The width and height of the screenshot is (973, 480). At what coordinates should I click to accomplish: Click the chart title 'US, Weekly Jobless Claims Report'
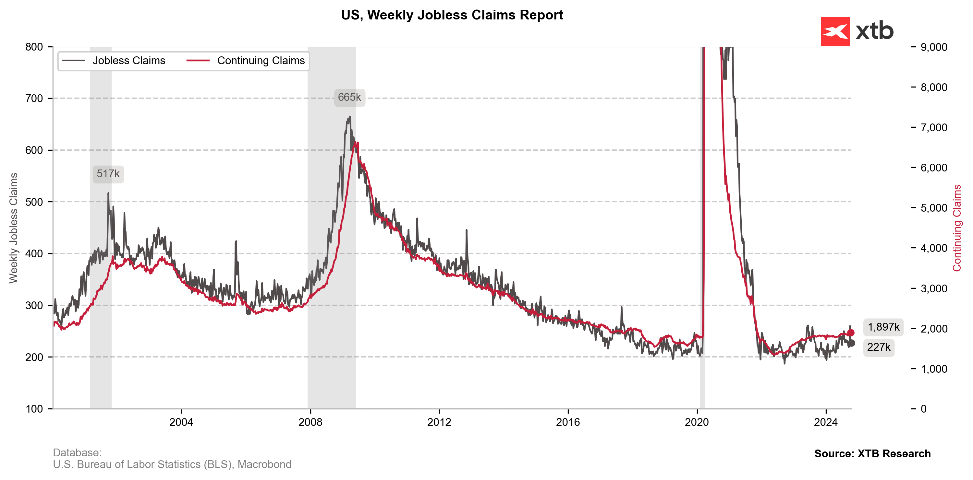point(452,15)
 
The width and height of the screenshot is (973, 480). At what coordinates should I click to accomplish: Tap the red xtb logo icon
point(835,32)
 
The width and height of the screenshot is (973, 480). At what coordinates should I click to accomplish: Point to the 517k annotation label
point(108,174)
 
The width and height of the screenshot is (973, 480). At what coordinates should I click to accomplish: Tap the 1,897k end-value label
point(883,327)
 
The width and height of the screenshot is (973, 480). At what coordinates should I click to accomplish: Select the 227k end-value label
point(879,347)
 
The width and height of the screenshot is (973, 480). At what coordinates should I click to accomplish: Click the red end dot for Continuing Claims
point(851,333)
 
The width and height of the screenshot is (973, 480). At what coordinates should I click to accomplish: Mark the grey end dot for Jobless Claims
point(851,343)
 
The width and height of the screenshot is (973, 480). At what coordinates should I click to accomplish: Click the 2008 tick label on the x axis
point(310,422)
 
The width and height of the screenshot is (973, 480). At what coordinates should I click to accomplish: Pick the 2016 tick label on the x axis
point(568,422)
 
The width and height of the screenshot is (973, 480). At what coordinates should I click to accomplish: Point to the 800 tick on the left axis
point(34,47)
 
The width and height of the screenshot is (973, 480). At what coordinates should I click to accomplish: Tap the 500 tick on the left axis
point(34,202)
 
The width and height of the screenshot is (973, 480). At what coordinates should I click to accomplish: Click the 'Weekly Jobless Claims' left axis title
point(14,228)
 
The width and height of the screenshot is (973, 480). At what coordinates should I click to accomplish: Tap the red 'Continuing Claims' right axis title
point(956,228)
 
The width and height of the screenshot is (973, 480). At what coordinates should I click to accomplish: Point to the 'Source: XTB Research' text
point(872,453)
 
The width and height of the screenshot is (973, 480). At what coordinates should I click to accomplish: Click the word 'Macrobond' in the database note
point(264,464)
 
